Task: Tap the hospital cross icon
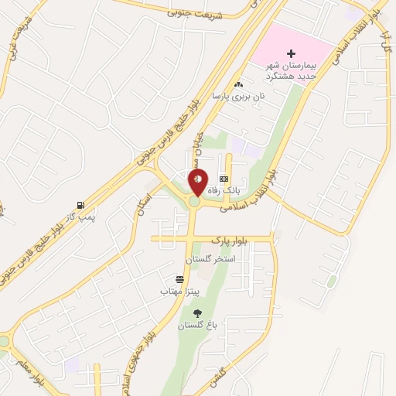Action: click(x=291, y=53)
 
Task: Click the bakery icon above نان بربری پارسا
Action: click(x=238, y=84)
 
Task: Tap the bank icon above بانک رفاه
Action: click(x=224, y=179)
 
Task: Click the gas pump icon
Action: click(x=80, y=206)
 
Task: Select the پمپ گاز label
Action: click(x=79, y=217)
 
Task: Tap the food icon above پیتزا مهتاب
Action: click(x=180, y=279)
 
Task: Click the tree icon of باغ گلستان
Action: click(x=197, y=313)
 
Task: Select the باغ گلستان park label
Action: click(x=195, y=326)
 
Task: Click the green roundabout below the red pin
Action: click(x=193, y=202)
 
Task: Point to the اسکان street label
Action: click(x=145, y=207)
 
